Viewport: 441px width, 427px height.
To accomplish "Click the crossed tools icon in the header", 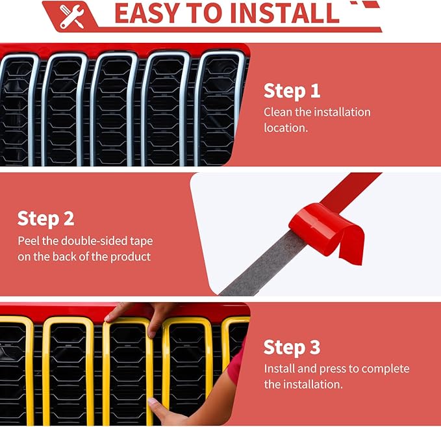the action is coord(71,17).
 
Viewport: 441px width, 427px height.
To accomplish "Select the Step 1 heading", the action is coord(292,91).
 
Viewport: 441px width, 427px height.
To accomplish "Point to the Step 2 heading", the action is coord(46,219).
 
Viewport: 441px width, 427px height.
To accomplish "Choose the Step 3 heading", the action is coord(292,347).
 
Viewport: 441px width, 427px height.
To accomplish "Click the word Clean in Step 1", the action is coord(278,112).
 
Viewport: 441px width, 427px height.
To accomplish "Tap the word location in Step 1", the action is coord(286,128).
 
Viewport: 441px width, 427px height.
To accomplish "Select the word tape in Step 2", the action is coord(141,242).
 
